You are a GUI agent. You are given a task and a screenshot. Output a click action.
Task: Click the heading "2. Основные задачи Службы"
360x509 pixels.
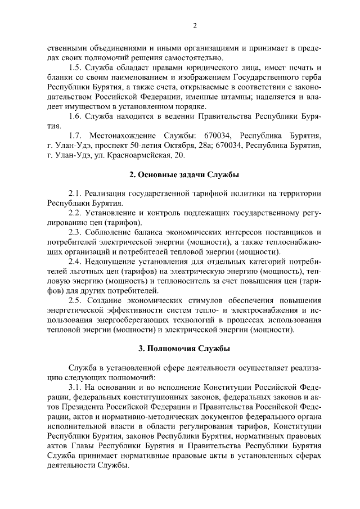(184, 175)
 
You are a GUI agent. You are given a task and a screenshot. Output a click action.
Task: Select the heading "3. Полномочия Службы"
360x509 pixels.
(184, 349)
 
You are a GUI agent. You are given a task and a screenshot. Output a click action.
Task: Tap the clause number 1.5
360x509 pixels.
(75, 67)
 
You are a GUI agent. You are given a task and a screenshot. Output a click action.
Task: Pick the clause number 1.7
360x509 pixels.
(75, 136)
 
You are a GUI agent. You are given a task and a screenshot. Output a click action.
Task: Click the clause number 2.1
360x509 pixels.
(75, 193)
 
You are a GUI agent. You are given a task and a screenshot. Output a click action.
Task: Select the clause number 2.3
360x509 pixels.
(75, 232)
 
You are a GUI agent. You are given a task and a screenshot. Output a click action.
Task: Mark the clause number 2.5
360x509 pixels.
(75, 300)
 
